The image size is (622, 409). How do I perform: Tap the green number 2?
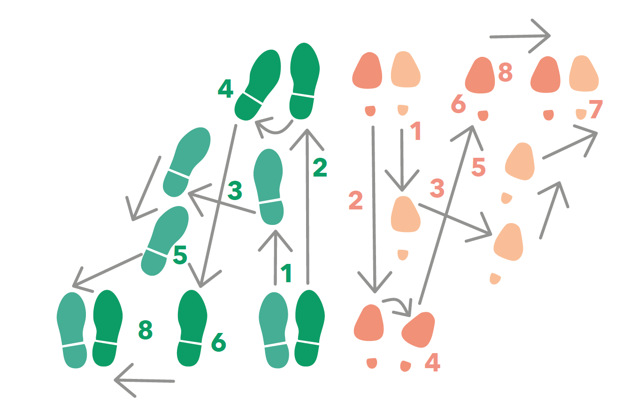[320, 167]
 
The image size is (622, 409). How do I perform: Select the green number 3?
[235, 190]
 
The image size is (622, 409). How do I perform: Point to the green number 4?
[225, 88]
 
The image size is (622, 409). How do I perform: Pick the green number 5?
[180, 255]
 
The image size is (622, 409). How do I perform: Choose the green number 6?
[218, 342]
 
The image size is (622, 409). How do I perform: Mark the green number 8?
[146, 330]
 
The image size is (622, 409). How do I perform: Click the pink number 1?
[416, 131]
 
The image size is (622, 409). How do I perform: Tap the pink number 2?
[356, 201]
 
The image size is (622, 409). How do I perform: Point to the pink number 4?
[432, 362]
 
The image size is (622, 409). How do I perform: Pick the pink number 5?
[478, 167]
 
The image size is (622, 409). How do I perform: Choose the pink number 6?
[459, 104]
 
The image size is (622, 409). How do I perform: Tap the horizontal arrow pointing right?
[520, 36]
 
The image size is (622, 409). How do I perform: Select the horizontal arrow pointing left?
[144, 380]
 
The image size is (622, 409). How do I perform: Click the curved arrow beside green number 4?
[274, 127]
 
